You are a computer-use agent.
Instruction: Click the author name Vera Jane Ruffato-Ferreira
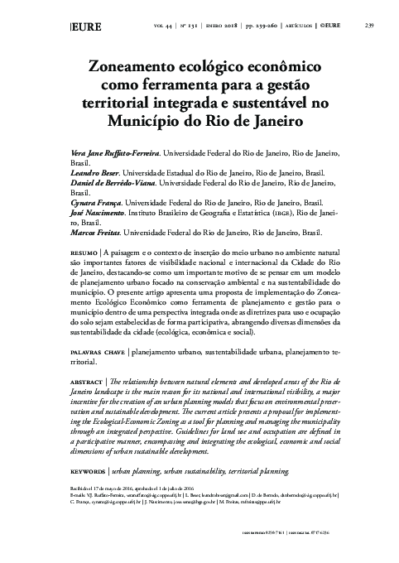(107, 154)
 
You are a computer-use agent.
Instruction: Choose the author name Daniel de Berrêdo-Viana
(108, 182)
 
